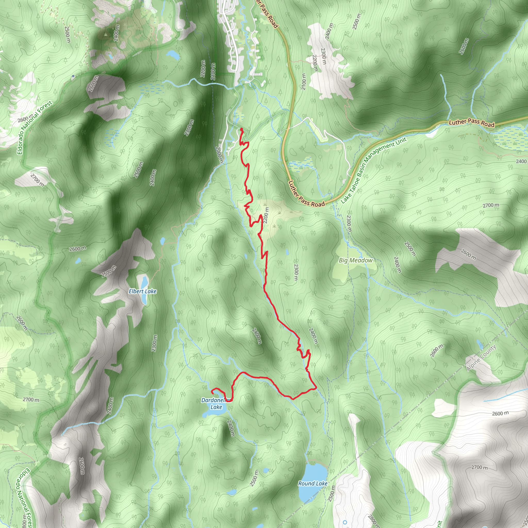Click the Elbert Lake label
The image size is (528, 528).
click(142, 291)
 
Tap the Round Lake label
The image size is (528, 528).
click(313, 483)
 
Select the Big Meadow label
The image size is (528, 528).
click(356, 260)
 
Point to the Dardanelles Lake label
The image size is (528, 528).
click(216, 404)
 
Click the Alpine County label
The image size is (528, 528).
click(481, 358)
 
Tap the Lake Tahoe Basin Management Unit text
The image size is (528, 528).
click(374, 170)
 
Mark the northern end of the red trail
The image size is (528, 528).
click(241, 129)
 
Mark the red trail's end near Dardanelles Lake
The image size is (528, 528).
click(212, 393)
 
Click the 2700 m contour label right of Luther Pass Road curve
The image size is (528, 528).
click(491, 205)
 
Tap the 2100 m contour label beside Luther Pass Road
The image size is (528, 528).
click(304, 81)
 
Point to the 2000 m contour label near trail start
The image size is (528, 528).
click(219, 155)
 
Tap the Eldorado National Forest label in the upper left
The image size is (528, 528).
click(35, 128)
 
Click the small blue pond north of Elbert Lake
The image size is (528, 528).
click(163, 241)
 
